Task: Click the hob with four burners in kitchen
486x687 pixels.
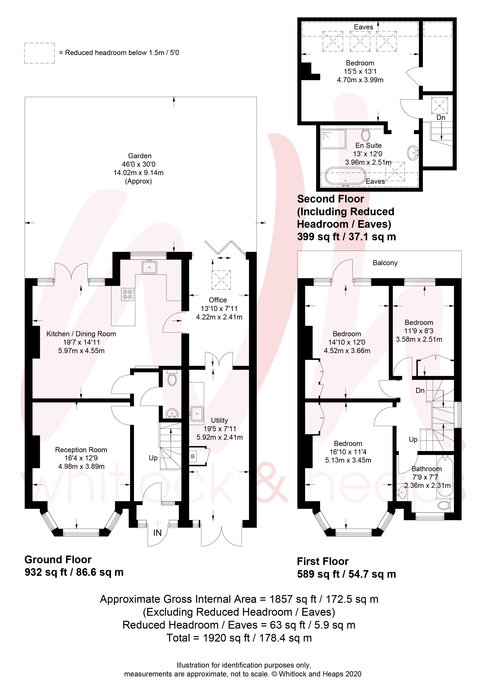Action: (x=128, y=294)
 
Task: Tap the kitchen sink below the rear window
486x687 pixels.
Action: (x=149, y=267)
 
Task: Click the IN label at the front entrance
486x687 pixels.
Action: (x=157, y=533)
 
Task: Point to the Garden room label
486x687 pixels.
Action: (x=139, y=156)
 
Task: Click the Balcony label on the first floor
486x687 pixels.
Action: (x=385, y=263)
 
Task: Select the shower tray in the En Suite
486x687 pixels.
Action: (x=333, y=139)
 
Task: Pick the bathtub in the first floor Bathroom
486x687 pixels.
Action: (x=445, y=476)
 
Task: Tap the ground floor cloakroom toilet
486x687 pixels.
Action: (x=172, y=379)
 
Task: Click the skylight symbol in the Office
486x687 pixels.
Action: (x=221, y=280)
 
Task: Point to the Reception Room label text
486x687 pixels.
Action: (x=81, y=450)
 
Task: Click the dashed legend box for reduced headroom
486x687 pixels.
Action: (x=39, y=53)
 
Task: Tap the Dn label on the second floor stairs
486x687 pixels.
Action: (x=441, y=117)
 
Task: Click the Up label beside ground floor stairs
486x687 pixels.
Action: (x=153, y=458)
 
